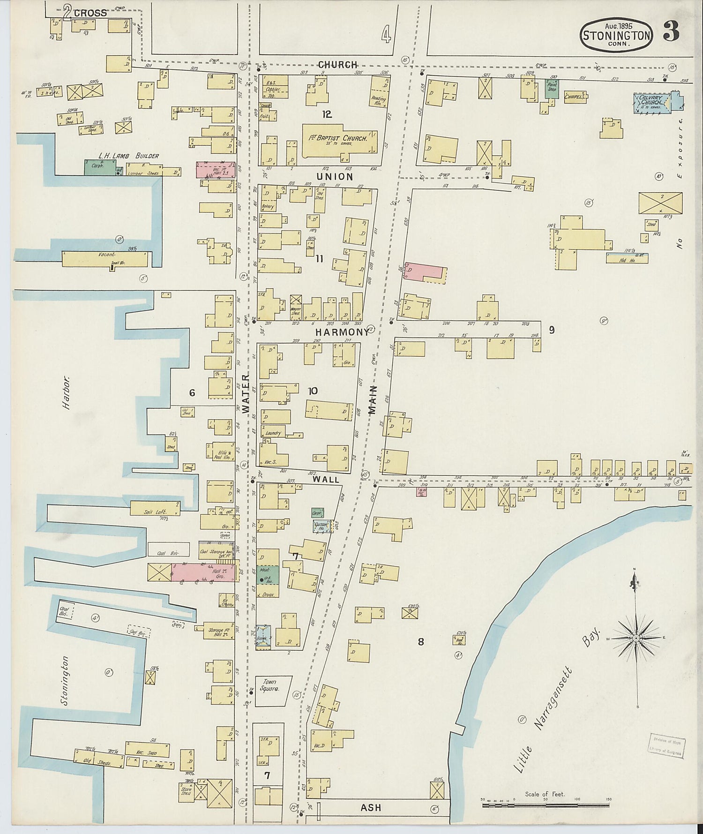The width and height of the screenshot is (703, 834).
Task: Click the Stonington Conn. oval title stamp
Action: tap(615, 35)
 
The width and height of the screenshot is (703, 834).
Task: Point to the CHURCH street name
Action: tap(337, 65)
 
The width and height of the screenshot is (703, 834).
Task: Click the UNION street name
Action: tap(334, 176)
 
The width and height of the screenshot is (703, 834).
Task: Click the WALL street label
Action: tap(325, 480)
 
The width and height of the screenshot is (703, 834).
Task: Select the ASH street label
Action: tap(370, 807)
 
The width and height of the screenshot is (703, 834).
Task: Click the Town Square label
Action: tap(269, 685)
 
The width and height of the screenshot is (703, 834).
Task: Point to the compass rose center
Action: tap(636, 639)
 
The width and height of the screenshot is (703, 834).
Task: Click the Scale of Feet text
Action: tap(545, 794)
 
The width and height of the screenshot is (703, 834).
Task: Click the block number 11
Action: tap(319, 258)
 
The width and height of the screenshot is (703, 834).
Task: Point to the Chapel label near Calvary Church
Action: tap(574, 97)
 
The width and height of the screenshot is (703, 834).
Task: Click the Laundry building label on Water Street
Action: tap(273, 433)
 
